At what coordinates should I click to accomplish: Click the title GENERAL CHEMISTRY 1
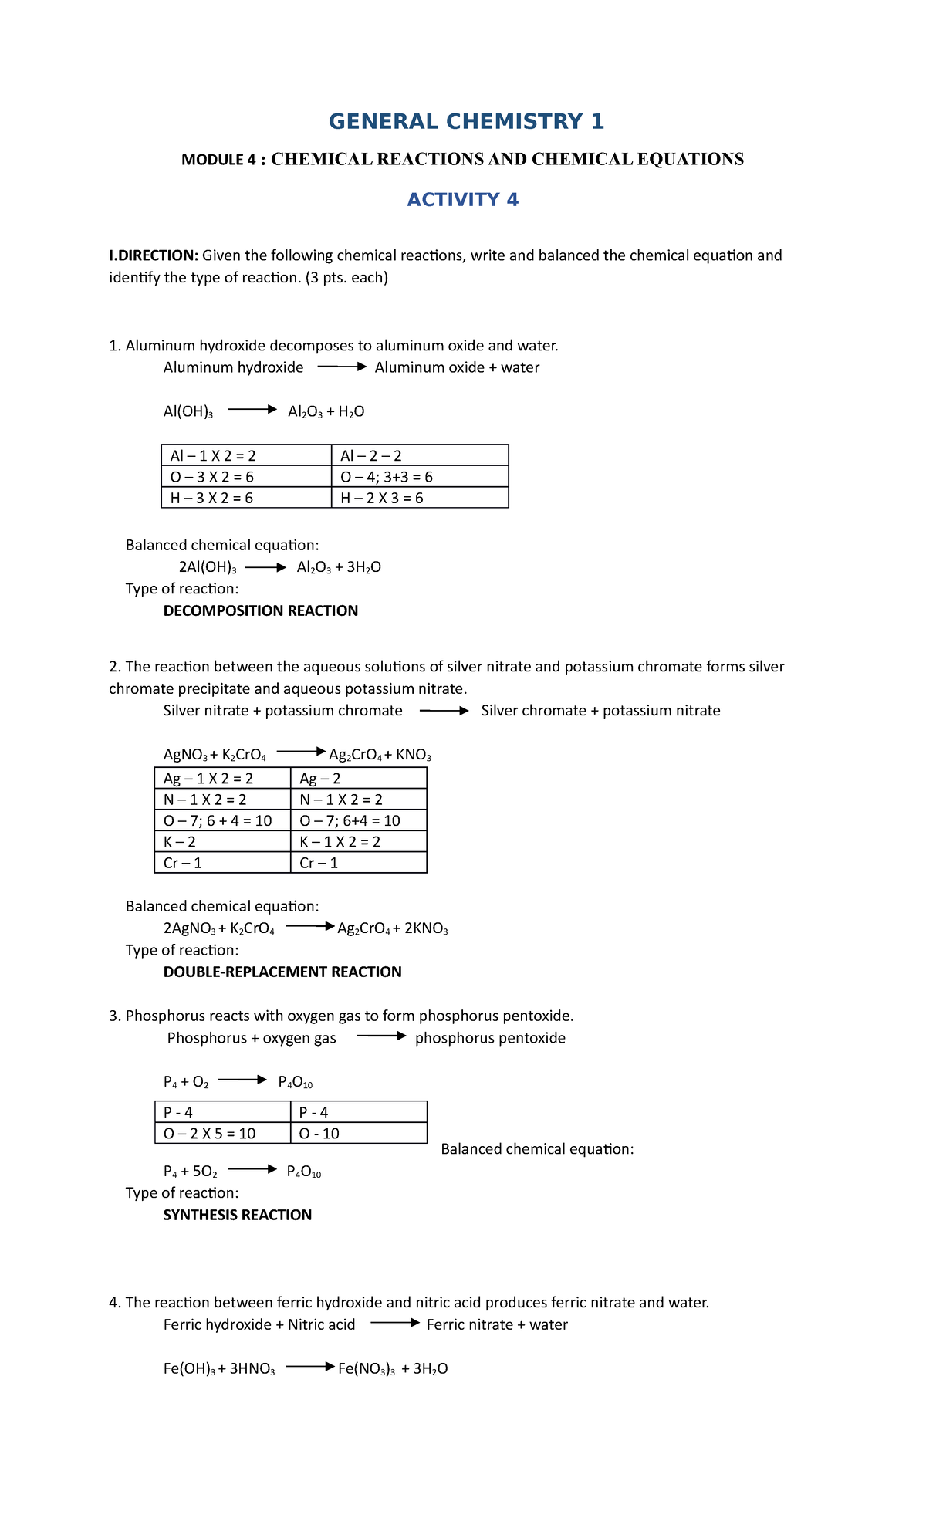point(466,122)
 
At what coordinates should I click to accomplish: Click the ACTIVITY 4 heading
point(462,200)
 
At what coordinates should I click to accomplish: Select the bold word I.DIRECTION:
point(154,255)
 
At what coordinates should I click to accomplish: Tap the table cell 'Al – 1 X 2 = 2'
point(213,456)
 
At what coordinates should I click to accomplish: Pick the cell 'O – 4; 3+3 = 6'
point(386,477)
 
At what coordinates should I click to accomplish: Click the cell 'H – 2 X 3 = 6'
point(381,498)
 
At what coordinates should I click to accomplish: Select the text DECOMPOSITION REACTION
point(260,610)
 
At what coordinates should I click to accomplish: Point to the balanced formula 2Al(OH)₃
point(207,567)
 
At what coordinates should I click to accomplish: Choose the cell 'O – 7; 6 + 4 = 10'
point(217,820)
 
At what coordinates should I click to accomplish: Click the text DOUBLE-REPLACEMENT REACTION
point(282,972)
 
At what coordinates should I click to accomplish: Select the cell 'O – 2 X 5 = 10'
point(209,1133)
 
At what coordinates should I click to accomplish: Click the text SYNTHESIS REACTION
point(237,1215)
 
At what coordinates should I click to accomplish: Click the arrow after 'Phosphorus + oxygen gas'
point(380,1036)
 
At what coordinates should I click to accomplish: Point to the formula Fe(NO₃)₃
point(366,1369)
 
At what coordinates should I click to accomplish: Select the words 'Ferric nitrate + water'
point(497,1324)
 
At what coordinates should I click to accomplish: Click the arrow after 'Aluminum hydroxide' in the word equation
point(341,367)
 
